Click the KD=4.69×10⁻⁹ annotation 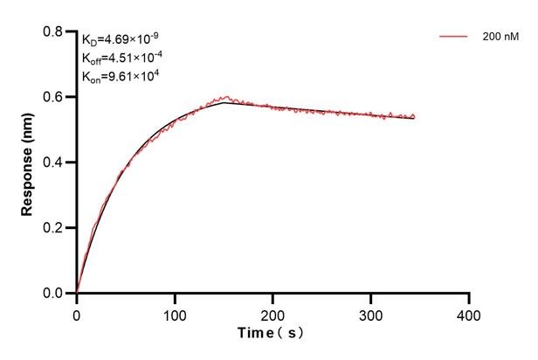coord(121,39)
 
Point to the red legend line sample coord(454,37)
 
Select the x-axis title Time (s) coord(272,335)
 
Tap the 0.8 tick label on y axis coord(53,31)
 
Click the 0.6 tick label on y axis coord(53,97)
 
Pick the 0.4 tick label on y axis coord(53,163)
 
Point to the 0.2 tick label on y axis coord(53,228)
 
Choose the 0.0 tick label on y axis coord(53,294)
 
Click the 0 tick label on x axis coord(77,313)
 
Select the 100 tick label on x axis coord(175,313)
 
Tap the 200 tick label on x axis coord(273,313)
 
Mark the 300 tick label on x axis coord(371,313)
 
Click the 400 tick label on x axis coord(470,313)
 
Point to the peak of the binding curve coord(224,100)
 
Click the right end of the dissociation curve coord(414,117)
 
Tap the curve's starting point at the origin coord(77,293)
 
